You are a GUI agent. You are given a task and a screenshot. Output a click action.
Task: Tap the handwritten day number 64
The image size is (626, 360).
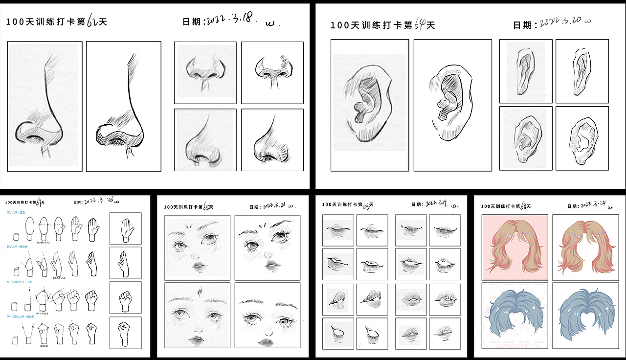(x=419, y=24)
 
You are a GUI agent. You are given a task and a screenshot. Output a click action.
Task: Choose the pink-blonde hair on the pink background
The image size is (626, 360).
(x=514, y=247)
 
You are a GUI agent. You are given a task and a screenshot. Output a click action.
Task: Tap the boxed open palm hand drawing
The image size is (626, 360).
(x=125, y=228)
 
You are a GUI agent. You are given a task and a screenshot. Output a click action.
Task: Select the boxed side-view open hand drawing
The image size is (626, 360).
(x=125, y=263)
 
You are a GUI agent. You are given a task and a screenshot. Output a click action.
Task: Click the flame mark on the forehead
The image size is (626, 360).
(x=200, y=292)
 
